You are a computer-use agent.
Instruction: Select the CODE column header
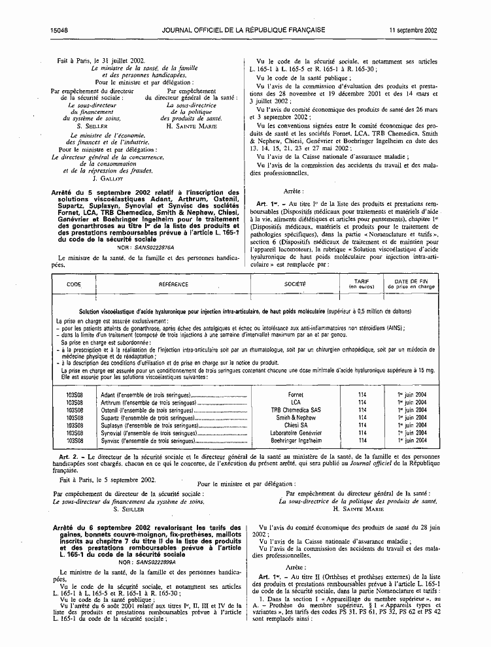74,284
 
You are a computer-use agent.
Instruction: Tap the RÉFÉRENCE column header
173,284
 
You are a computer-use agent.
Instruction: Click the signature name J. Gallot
105,178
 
